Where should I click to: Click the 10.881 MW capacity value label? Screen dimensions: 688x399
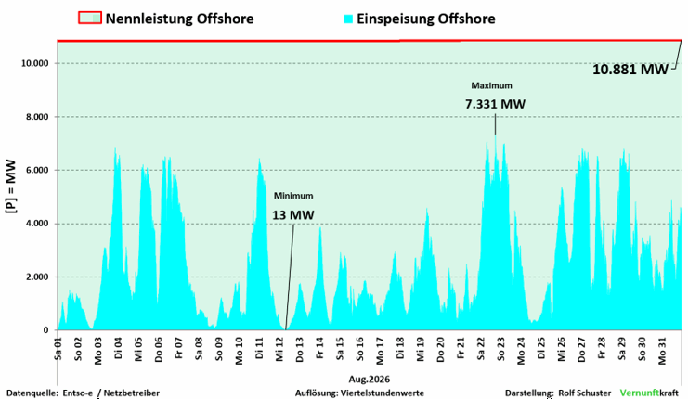pyautogui.click(x=630, y=70)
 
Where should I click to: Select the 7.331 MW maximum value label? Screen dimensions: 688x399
pyautogui.click(x=495, y=104)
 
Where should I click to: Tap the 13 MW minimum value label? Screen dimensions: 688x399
pyautogui.click(x=293, y=215)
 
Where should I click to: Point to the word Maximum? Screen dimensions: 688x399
pyautogui.click(x=491, y=85)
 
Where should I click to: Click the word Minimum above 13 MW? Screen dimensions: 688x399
pyautogui.click(x=293, y=196)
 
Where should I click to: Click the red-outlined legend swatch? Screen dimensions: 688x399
pyautogui.click(x=90, y=18)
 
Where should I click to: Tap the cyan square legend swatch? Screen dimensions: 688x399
pyautogui.click(x=348, y=19)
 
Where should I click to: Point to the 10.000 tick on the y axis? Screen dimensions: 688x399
pyautogui.click(x=34, y=64)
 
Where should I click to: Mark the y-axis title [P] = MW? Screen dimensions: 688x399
pyautogui.click(x=10, y=187)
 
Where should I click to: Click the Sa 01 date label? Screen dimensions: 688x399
pyautogui.click(x=58, y=349)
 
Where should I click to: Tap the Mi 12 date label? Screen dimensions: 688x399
pyautogui.click(x=280, y=350)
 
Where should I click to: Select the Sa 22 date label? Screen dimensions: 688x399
pyautogui.click(x=481, y=349)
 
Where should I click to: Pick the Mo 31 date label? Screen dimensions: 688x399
pyautogui.click(x=662, y=351)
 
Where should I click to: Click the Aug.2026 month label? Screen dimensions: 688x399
pyautogui.click(x=370, y=380)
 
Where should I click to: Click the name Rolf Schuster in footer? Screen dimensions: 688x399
pyautogui.click(x=584, y=393)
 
